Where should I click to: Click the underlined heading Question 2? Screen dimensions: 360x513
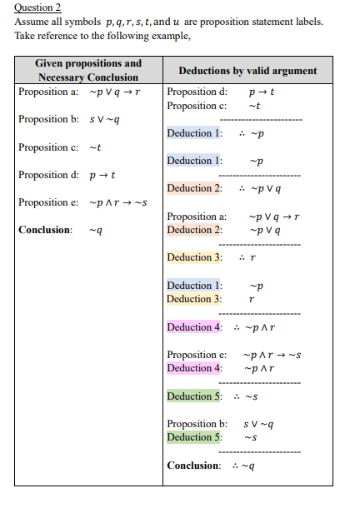38,8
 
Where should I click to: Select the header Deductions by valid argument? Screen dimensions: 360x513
247,71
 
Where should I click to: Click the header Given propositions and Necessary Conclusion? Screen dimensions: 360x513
88,70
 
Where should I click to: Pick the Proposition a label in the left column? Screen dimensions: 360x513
48,92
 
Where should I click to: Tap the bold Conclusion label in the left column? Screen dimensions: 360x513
45,230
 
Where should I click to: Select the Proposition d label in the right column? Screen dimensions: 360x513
197,92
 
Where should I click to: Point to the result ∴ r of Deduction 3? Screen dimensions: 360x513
246,257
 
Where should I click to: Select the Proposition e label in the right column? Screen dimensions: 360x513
197,354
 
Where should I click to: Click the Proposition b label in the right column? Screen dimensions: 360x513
197,423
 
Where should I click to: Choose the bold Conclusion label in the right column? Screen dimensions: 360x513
194,465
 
